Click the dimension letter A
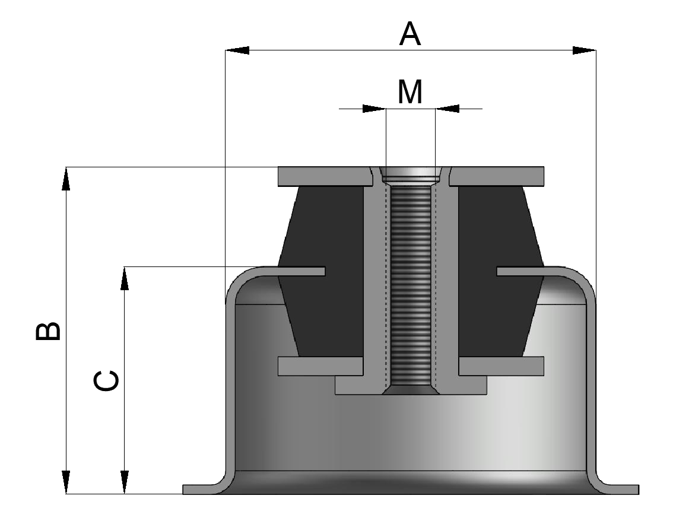(410, 35)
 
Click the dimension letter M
(410, 92)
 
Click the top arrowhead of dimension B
(66, 179)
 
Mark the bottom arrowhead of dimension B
(66, 482)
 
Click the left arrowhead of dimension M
(374, 109)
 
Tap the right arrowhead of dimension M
(447, 109)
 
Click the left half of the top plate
(320, 176)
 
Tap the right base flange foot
(620, 490)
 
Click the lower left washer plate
(319, 366)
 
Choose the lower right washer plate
(501, 366)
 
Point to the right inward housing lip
(522, 271)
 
